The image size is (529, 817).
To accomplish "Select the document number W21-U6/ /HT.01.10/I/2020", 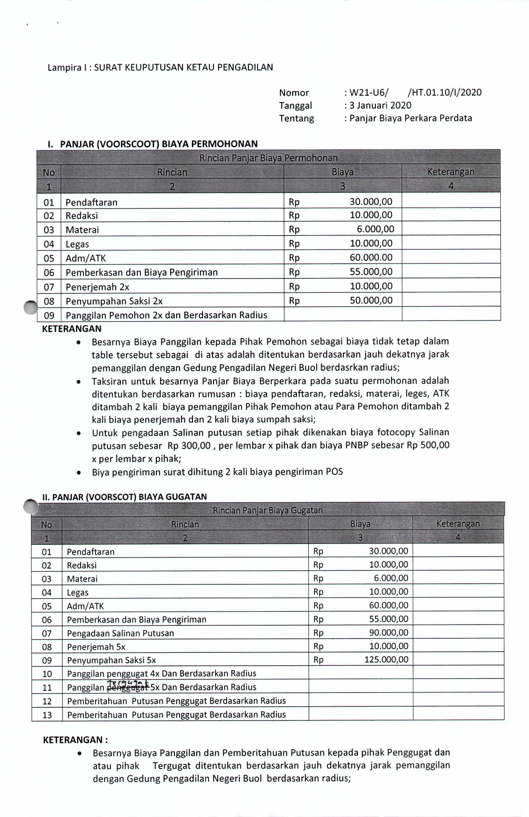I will [x=416, y=92].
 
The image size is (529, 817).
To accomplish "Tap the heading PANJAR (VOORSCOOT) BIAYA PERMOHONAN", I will [x=159, y=144].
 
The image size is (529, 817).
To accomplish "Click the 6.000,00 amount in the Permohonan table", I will [x=375, y=229].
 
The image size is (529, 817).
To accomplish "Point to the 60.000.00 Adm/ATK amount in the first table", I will [x=371, y=258].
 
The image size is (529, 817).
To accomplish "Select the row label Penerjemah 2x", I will [x=97, y=287].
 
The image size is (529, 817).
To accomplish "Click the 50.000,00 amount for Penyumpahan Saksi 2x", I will [x=371, y=300].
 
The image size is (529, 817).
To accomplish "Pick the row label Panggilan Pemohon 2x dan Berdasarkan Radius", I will [x=166, y=315].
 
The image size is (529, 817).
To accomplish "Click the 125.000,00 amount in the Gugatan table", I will [x=386, y=659].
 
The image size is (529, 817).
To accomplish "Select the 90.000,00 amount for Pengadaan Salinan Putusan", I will [x=389, y=632].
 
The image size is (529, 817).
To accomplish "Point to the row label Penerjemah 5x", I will [x=96, y=647].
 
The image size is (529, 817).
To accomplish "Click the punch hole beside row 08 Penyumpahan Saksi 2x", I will [x=31, y=307].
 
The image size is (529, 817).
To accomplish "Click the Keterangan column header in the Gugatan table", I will [x=458, y=524].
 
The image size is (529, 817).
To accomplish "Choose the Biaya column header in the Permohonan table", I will [x=342, y=172].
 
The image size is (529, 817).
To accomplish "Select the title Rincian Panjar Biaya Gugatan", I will [x=267, y=510].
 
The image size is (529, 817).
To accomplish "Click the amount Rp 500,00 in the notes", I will [x=428, y=445].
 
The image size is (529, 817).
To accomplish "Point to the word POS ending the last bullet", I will [x=334, y=472].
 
